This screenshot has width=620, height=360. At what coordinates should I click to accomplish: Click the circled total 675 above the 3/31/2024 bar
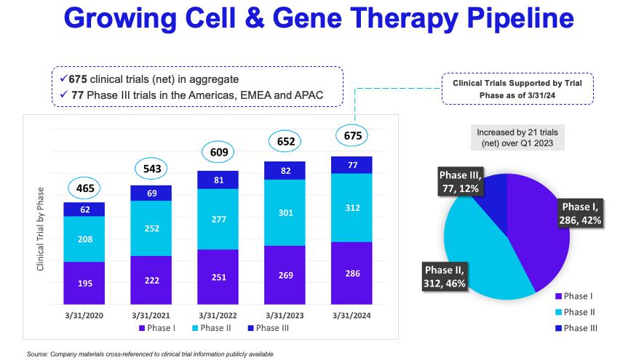(x=352, y=135)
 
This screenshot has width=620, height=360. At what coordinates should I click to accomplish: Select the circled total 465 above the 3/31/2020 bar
(x=84, y=188)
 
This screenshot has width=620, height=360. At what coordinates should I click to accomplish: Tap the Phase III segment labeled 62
(x=84, y=209)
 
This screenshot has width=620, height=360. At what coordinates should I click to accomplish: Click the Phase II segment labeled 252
(x=151, y=228)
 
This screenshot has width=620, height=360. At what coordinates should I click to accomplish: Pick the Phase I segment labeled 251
(x=218, y=276)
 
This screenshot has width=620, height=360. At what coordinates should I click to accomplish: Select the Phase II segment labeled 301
(x=285, y=212)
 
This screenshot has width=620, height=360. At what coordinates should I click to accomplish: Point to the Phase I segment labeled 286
(x=351, y=273)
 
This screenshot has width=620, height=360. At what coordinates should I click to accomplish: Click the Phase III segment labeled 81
(x=218, y=180)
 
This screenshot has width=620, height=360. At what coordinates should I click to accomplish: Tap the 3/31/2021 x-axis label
(x=151, y=316)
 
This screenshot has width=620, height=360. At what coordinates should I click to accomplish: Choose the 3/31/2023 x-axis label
(x=285, y=316)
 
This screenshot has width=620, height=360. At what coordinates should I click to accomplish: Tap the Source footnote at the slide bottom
(x=149, y=354)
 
